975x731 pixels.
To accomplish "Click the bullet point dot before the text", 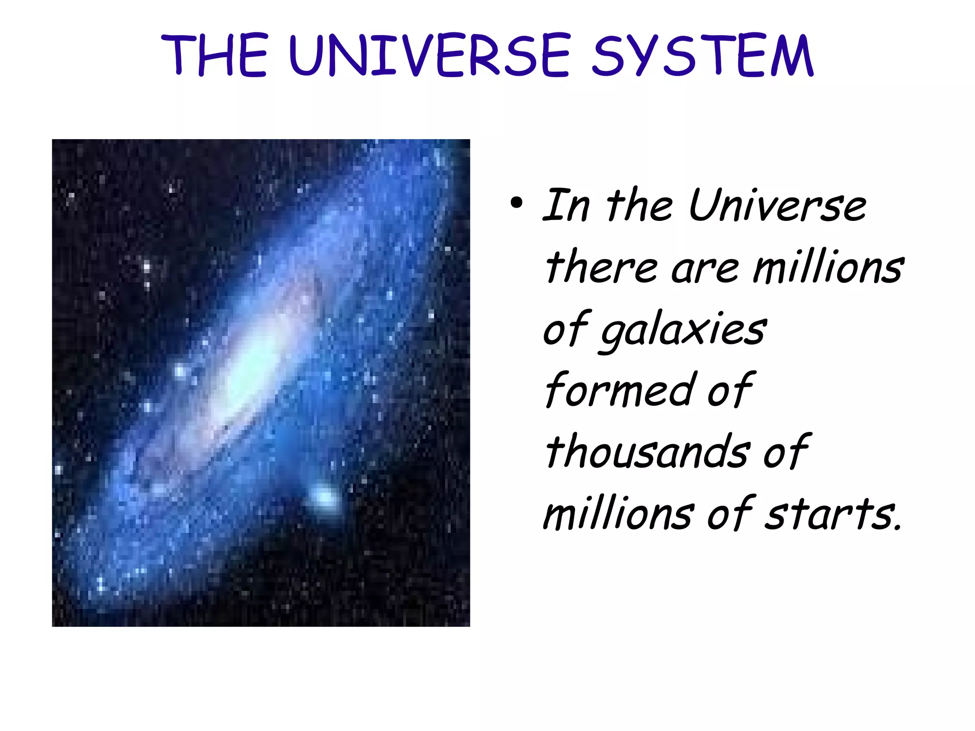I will coord(516,203).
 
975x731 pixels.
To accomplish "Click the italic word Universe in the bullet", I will coord(777,205).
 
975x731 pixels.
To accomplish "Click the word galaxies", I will coord(683,330).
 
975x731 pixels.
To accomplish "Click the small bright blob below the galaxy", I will coord(324,498).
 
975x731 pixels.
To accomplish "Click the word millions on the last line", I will coord(618,514).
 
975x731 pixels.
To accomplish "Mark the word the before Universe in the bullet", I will coord(639,205).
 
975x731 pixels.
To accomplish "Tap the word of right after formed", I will coord(730,391).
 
